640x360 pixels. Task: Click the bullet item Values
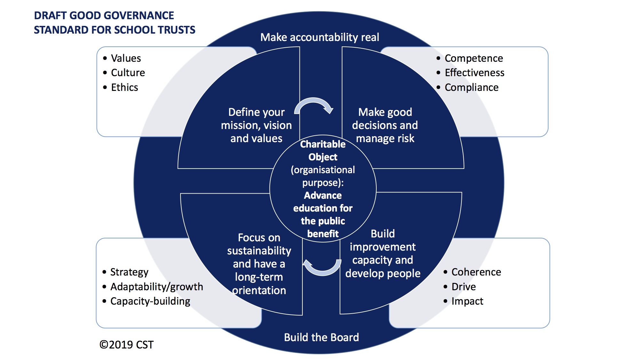pyautogui.click(x=126, y=58)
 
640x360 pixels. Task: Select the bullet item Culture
pyautogui.click(x=128, y=73)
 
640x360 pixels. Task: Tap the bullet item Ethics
pyautogui.click(x=124, y=87)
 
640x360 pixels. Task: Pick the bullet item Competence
pyautogui.click(x=474, y=58)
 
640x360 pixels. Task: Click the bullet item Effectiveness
pyautogui.click(x=475, y=73)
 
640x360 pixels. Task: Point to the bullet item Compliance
pyautogui.click(x=472, y=87)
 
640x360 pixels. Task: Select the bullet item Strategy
pyautogui.click(x=129, y=272)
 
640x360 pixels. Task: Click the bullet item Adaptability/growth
pyautogui.click(x=157, y=287)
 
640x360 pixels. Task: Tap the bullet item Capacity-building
pyautogui.click(x=150, y=301)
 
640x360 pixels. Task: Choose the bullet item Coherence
pyautogui.click(x=476, y=272)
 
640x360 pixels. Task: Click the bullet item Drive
pyautogui.click(x=464, y=287)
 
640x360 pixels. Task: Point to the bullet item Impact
pyautogui.click(x=467, y=301)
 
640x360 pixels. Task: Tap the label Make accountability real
pyautogui.click(x=320, y=37)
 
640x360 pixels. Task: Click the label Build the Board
pyautogui.click(x=322, y=337)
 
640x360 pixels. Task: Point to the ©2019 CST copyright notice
pyautogui.click(x=126, y=345)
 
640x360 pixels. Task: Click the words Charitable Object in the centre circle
pyautogui.click(x=323, y=150)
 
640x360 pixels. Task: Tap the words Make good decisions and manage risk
pyautogui.click(x=385, y=125)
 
